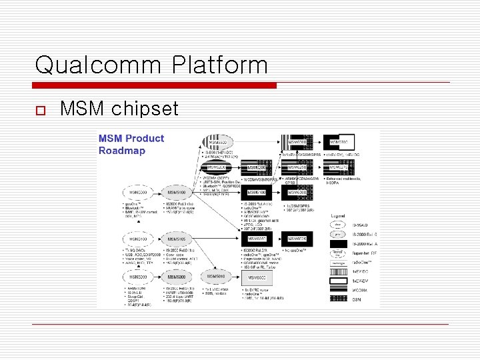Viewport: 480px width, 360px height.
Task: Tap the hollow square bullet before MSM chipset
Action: tap(40, 109)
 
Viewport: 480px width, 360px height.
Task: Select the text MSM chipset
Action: tap(119, 108)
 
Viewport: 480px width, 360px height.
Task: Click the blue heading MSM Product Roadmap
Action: tap(131, 144)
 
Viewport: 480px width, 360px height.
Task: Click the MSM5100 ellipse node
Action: tap(177, 193)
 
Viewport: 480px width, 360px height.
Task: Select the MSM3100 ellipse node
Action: tap(138, 239)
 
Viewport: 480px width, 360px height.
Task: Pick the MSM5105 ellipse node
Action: tap(177, 239)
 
